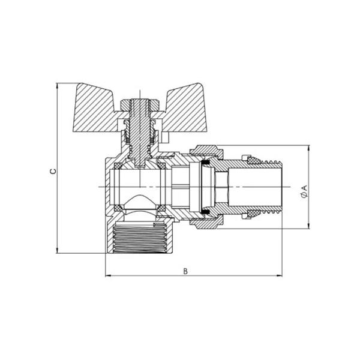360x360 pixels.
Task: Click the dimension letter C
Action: [53, 171]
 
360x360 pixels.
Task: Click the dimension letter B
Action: [186, 271]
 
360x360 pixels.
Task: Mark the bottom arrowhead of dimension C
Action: [57, 251]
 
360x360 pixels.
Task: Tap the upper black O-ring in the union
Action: [205, 163]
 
